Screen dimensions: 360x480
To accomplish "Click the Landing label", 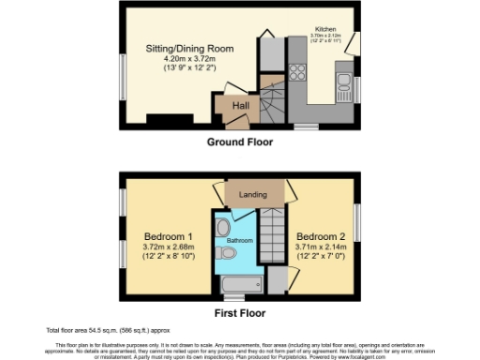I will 253,195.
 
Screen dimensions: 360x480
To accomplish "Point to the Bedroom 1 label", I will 169,234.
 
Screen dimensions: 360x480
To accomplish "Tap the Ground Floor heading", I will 239,142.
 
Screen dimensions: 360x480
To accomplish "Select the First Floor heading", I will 239,313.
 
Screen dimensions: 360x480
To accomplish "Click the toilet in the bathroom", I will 225,253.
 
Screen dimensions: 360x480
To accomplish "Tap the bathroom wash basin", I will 221,227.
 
